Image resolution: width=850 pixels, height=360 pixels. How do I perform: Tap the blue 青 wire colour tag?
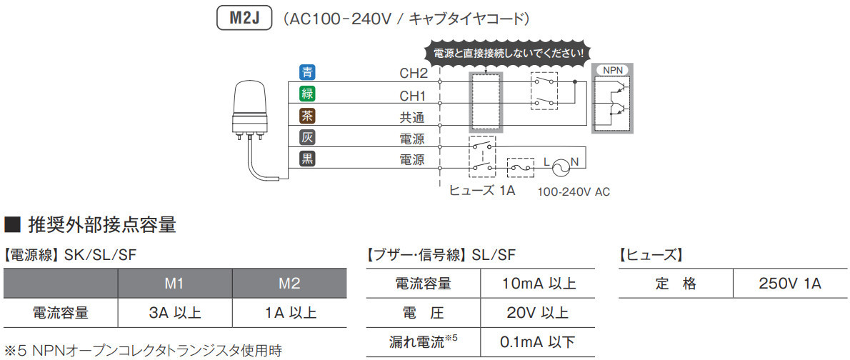click(307, 71)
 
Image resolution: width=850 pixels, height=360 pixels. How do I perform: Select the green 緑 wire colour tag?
click(307, 93)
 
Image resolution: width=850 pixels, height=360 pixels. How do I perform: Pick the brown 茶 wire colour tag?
click(307, 115)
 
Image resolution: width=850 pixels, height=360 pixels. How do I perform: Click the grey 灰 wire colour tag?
click(307, 137)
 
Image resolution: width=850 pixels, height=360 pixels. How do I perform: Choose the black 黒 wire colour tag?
click(307, 159)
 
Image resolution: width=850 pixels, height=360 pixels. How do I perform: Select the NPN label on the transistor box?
click(612, 70)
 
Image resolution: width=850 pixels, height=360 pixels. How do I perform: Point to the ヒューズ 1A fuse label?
click(482, 191)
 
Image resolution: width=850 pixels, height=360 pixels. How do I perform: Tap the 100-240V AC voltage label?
click(574, 191)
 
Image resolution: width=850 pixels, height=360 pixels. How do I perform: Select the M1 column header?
click(175, 284)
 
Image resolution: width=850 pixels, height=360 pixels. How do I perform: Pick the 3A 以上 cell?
click(175, 313)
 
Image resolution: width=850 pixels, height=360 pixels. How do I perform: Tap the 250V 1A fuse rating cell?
click(791, 284)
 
